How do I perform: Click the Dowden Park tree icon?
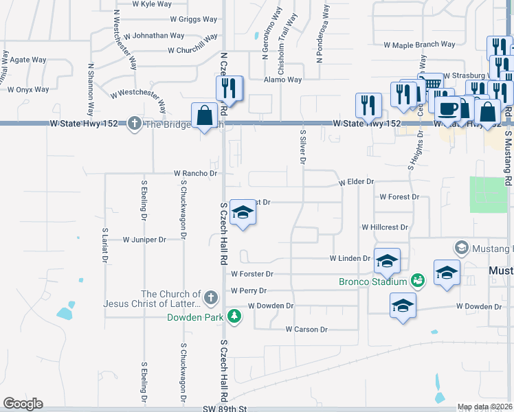pos(235,316)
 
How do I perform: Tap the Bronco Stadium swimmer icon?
pos(416,281)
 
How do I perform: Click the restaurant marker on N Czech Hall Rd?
pos(228,89)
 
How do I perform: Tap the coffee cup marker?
pos(447,108)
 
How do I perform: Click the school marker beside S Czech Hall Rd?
pos(242,214)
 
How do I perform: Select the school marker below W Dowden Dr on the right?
pos(403,306)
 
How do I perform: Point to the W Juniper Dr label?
pos(145,240)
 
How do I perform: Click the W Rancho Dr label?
pos(195,174)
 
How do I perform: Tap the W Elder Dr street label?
pos(356,182)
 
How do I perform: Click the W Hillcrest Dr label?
pos(385,227)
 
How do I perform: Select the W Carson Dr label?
pos(307,329)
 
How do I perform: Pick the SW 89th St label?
pos(225,409)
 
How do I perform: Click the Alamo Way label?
pos(283,80)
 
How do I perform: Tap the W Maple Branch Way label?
pos(419,45)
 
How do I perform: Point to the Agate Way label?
pos(28,60)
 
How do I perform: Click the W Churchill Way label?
pos(192,50)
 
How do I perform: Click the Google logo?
pos(23,403)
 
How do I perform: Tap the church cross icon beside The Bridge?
pos(134,124)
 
